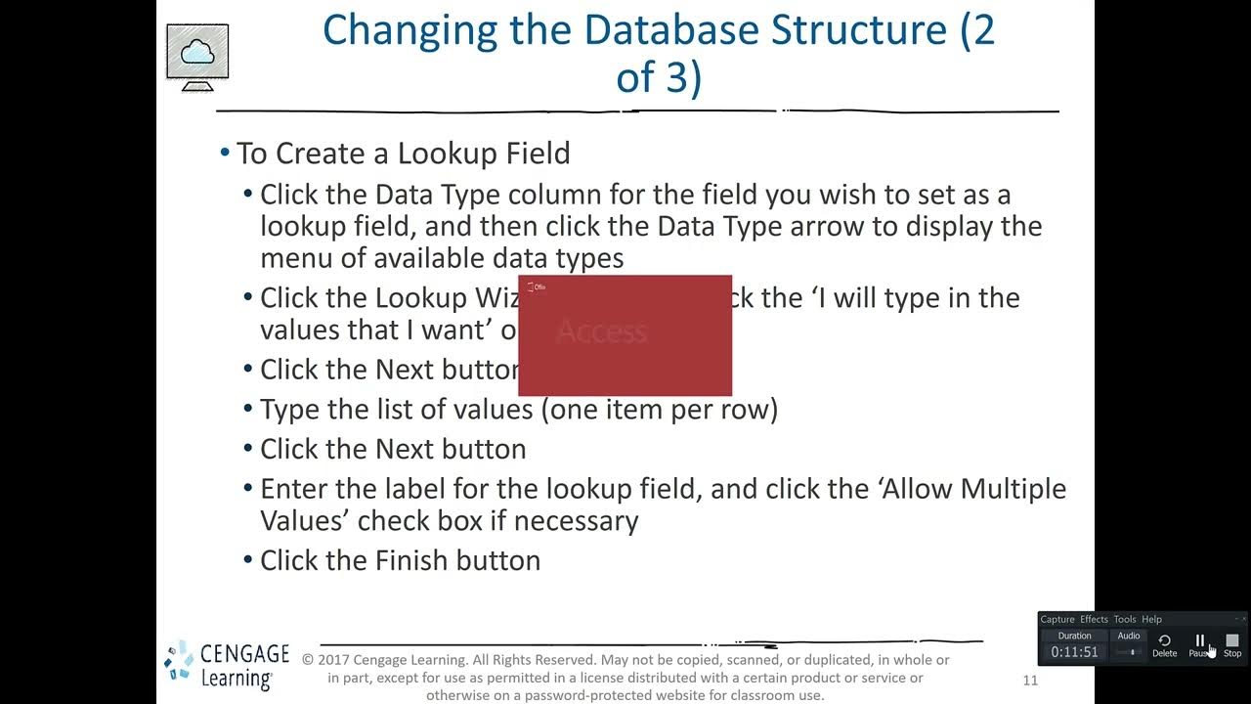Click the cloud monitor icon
(197, 56)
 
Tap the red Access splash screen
(625, 335)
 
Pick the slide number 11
(1030, 681)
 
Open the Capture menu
(1057, 619)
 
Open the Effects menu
(1094, 619)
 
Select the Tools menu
(1125, 619)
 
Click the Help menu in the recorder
(1152, 619)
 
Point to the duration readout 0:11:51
(1074, 652)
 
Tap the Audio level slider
(1130, 652)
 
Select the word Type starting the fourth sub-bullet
(291, 409)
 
